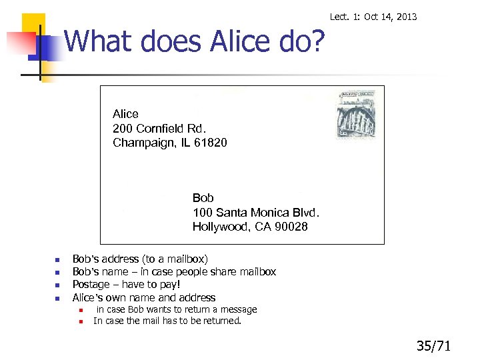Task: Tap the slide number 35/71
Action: [434, 345]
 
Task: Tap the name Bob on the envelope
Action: [203, 198]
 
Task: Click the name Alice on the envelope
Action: [125, 114]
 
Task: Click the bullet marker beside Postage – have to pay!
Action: [57, 285]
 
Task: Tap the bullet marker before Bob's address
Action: [57, 259]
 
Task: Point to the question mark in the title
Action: [317, 41]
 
